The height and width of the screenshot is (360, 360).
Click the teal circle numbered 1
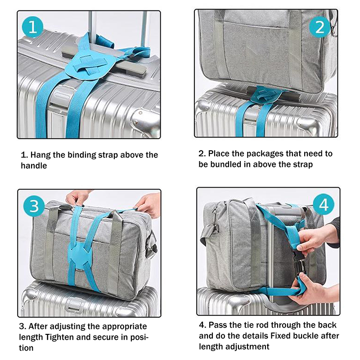point(32,27)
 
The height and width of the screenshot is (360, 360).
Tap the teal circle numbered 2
point(320,27)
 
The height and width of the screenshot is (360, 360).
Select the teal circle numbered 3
point(34,206)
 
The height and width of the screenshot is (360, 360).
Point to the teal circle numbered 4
point(324,204)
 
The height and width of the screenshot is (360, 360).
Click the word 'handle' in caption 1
point(34,166)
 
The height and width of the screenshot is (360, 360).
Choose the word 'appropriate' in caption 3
point(124,327)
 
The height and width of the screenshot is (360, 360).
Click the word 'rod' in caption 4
point(262,325)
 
